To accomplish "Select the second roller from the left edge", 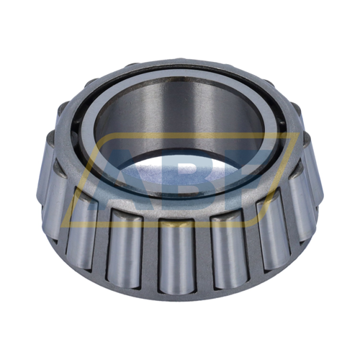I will (x=81, y=227).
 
